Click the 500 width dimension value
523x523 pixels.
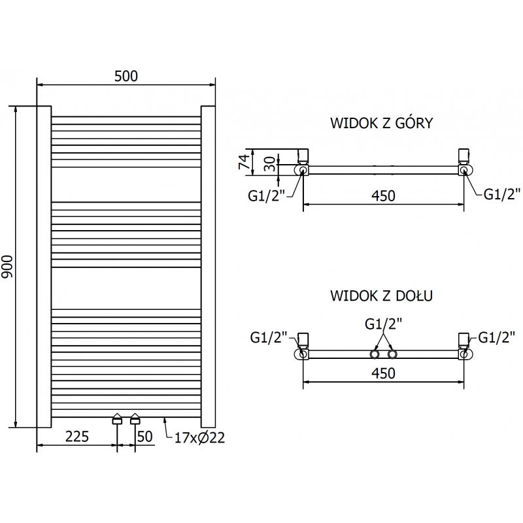click(x=126, y=76)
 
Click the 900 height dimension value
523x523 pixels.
click(x=8, y=267)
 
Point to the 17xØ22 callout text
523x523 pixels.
click(x=199, y=438)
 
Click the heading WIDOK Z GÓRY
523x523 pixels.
click(x=381, y=124)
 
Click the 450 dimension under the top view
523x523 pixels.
click(x=383, y=195)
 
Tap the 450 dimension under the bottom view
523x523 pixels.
click(x=383, y=373)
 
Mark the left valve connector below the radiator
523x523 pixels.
click(x=117, y=419)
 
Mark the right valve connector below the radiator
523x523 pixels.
click(x=135, y=419)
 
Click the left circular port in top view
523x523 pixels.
click(x=303, y=170)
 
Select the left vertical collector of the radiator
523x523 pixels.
click(x=44, y=266)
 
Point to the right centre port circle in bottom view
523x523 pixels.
click(x=392, y=354)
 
